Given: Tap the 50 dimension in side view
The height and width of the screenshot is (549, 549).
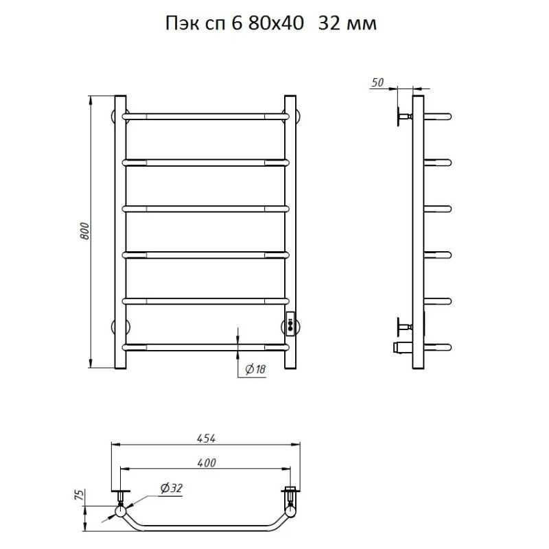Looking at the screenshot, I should (x=377, y=82).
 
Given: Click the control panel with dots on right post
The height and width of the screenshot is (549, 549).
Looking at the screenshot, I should (x=291, y=323).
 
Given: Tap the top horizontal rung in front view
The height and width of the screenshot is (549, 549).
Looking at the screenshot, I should (x=206, y=117).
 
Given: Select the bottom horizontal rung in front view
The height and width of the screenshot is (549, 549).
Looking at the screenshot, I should (x=206, y=347).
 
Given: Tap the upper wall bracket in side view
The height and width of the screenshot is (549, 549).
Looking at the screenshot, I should (x=402, y=116).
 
